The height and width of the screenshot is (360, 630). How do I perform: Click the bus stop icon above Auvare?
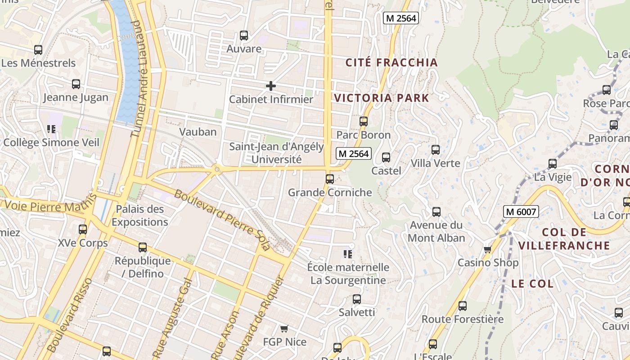244,35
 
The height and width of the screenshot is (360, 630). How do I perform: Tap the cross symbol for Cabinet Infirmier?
271,85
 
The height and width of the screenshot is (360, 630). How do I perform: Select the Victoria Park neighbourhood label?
382,98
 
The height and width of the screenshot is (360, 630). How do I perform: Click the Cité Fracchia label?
391,63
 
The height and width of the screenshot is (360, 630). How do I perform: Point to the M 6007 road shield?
521,211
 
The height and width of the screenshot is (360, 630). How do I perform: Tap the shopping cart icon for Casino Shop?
487,249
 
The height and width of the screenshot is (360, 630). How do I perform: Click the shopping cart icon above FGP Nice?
283,329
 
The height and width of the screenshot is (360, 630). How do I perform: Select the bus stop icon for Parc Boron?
363,121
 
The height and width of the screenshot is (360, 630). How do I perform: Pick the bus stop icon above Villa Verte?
435,150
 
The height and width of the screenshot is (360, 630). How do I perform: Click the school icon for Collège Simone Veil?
51,130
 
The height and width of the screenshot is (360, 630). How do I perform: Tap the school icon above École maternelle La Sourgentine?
347,254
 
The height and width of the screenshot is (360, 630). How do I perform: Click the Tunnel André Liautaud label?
140,79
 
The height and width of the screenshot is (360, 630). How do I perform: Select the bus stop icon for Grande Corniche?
330,179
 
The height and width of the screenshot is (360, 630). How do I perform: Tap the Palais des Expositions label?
139,216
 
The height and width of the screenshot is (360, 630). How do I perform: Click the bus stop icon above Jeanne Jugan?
76,84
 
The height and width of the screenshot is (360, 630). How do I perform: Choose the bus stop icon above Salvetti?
357,299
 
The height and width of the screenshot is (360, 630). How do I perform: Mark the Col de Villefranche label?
564,239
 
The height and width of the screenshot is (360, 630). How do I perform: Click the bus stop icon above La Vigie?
553,164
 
